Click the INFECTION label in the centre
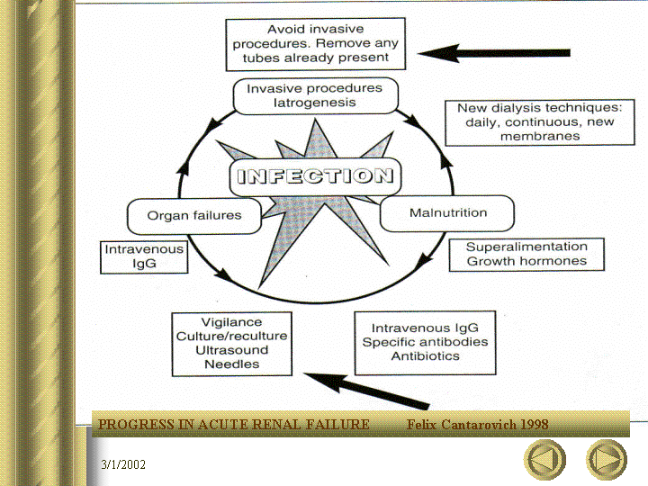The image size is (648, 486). coord(315,176)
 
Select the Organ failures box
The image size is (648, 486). coord(194,216)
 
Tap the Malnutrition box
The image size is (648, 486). coord(447,213)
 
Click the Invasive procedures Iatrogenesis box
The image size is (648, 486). coord(315,95)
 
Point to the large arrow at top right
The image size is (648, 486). coord(494,53)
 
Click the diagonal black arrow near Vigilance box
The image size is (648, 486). coord(367,390)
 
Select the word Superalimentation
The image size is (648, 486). coord(526,247)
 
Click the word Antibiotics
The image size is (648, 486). coord(425,356)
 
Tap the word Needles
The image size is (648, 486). coord(232,364)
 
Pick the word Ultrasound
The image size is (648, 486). coord(232,350)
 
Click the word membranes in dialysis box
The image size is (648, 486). coord(540,137)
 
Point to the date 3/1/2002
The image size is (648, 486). coord(123,464)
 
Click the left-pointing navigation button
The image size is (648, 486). coord(544,460)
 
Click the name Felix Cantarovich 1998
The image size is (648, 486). coord(477,425)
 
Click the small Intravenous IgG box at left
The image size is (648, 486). coord(144,257)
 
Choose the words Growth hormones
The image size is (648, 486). coord(526,261)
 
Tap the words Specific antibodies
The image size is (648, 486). coord(425,342)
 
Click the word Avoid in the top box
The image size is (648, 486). coord(283,29)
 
